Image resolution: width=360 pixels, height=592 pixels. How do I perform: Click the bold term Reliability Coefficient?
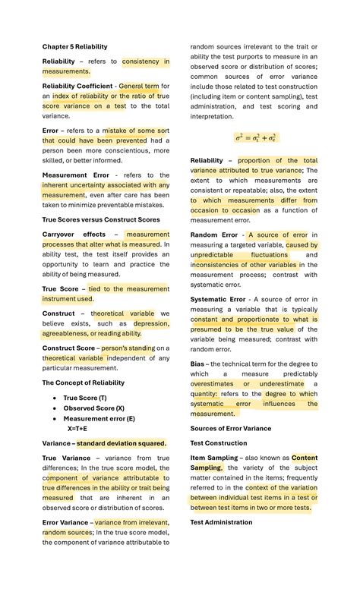click(77, 87)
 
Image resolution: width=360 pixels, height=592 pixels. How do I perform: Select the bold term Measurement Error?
click(75, 175)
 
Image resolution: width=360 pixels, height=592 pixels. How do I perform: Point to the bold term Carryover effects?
click(74, 235)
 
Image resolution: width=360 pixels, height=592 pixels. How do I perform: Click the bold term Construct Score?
click(68, 348)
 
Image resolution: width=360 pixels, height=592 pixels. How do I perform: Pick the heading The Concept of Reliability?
click(83, 383)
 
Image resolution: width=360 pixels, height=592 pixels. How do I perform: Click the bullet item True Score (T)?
click(85, 398)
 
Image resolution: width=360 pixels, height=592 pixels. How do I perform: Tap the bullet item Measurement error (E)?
click(99, 418)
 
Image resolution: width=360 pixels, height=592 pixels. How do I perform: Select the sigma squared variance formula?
click(255, 138)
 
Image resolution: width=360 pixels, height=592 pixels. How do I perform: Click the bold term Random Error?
click(214, 235)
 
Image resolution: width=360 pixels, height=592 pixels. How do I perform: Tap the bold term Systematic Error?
click(218, 299)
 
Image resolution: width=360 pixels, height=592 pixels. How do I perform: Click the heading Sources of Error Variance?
click(230, 428)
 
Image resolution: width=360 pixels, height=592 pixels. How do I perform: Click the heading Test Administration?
click(221, 522)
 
